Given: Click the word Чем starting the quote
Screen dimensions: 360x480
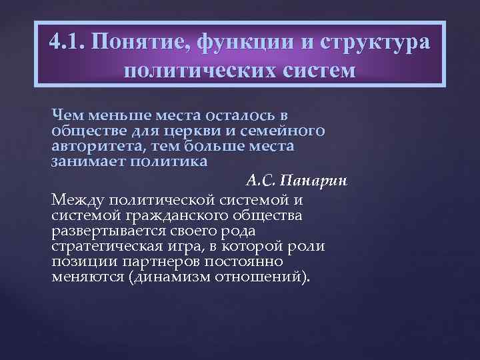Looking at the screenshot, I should (66, 115).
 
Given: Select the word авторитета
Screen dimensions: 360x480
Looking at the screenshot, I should (87, 145).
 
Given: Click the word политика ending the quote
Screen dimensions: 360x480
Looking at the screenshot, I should (157, 161).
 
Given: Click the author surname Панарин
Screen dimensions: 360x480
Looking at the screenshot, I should (317, 181).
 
